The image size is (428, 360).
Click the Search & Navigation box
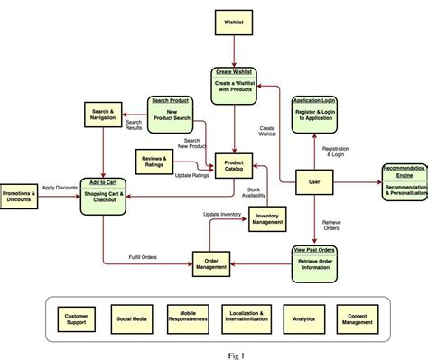click(101, 114)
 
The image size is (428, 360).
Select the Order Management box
click(213, 262)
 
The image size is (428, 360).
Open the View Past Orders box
click(314, 258)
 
